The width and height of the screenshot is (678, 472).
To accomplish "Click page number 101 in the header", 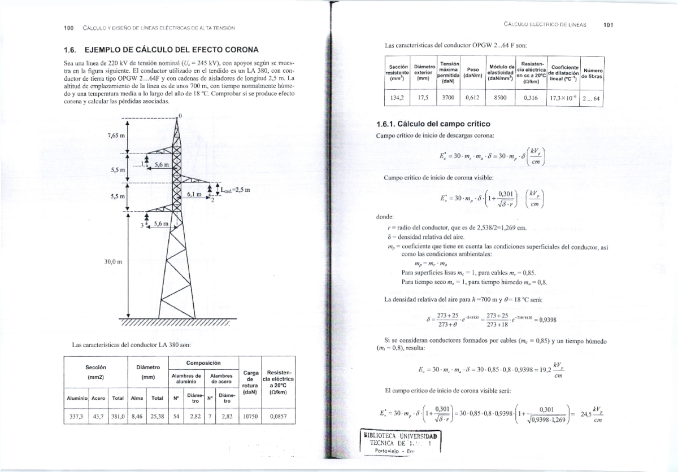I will (608, 25).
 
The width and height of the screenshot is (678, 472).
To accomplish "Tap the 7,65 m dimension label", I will (116, 136).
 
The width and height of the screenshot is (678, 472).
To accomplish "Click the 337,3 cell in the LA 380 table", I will (75, 418).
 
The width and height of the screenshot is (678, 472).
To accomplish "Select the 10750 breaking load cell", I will (250, 418).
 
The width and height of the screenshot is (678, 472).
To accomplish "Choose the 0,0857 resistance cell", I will (279, 418).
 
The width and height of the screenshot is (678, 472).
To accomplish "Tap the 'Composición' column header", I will (203, 362).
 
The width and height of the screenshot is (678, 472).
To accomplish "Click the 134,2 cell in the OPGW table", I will (394, 97).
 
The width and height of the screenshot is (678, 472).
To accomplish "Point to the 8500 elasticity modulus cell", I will (500, 97).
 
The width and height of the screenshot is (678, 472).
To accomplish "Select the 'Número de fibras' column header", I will (592, 72).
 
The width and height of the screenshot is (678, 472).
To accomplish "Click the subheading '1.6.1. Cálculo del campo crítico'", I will (433, 124).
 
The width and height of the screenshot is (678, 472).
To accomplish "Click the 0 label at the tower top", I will (180, 116).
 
